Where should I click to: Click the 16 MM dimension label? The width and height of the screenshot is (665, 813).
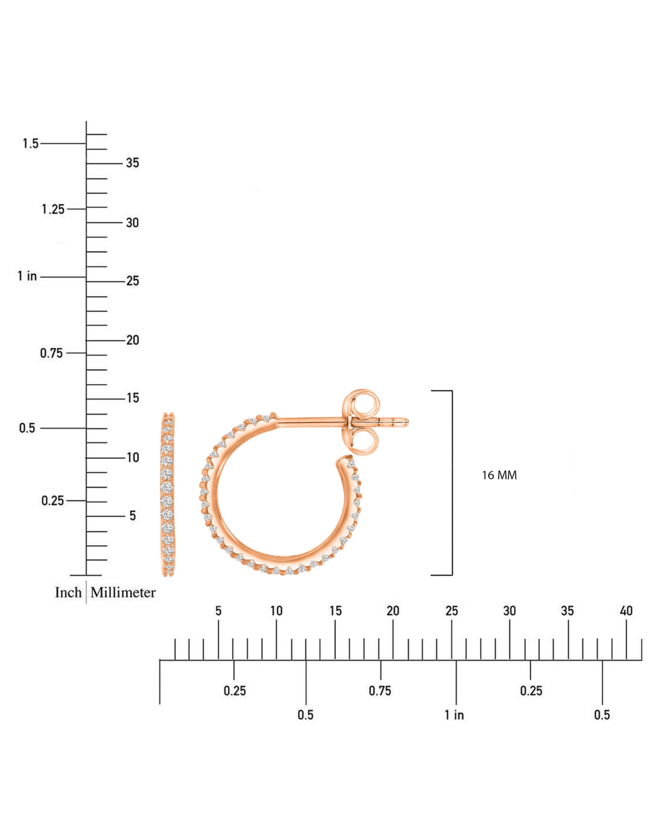point(499,475)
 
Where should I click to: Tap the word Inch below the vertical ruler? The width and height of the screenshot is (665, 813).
point(68,592)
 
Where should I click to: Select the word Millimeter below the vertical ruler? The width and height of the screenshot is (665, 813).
point(123,592)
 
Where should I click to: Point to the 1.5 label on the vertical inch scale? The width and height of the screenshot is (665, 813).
point(30,144)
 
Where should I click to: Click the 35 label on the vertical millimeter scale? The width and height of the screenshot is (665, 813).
point(132,163)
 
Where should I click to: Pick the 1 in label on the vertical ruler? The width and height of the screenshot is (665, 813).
point(27,276)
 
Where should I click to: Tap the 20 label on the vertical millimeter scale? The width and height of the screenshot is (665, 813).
point(132,340)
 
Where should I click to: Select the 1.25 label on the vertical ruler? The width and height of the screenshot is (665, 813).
point(53,209)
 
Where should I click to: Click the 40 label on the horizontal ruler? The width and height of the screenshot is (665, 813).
point(626,611)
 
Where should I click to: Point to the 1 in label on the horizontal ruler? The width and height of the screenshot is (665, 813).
point(454,715)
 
